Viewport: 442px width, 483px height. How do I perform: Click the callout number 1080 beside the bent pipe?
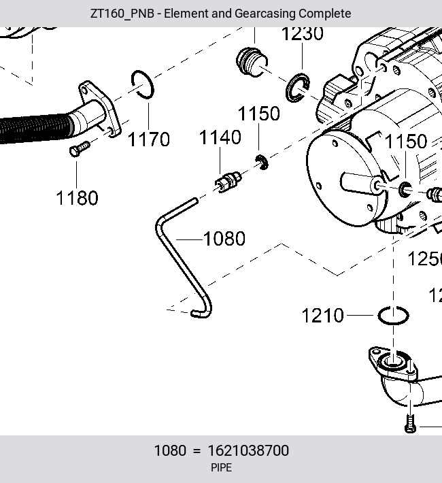224,238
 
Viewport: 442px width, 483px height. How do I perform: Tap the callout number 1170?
148,139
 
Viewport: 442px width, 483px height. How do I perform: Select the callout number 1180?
77,198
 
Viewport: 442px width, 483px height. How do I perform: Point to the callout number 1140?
220,137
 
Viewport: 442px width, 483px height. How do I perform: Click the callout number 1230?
303,33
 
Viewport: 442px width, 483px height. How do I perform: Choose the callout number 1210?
322,316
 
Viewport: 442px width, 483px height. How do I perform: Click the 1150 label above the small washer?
258,114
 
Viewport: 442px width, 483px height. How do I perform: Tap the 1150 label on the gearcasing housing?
406,141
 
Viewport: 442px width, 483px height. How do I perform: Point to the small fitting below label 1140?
228,182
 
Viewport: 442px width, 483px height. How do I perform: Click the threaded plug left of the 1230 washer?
252,62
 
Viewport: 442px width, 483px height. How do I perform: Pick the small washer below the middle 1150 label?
262,163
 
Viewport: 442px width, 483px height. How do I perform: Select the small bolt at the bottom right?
410,424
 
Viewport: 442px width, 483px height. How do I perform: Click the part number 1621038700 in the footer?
248,450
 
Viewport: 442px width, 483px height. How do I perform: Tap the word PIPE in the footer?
221,468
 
